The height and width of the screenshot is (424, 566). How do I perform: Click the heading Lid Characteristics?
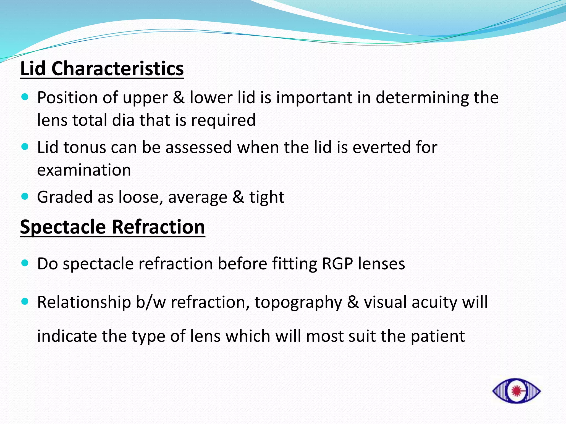(102, 69)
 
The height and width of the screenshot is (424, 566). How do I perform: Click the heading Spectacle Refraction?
(112, 227)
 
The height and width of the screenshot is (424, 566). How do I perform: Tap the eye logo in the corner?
(516, 391)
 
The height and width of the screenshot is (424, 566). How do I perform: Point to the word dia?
(123, 120)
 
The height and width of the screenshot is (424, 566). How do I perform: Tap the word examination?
(84, 170)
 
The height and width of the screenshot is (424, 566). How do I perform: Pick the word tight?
(267, 197)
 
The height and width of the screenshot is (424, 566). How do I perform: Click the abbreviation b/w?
(151, 302)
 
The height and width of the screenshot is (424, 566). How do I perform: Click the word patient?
(437, 336)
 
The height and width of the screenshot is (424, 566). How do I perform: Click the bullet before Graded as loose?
(25, 196)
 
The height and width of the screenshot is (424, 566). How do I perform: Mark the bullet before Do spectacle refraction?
(25, 263)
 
